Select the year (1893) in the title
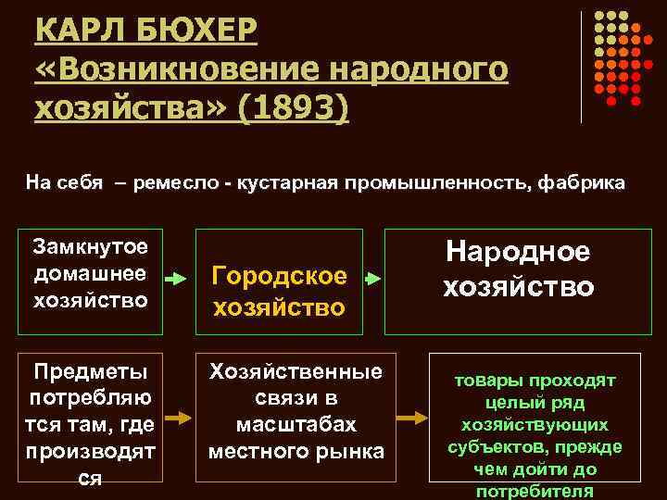click(x=294, y=109)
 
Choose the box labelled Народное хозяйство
click(x=517, y=281)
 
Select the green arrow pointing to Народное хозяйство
click(x=371, y=278)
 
